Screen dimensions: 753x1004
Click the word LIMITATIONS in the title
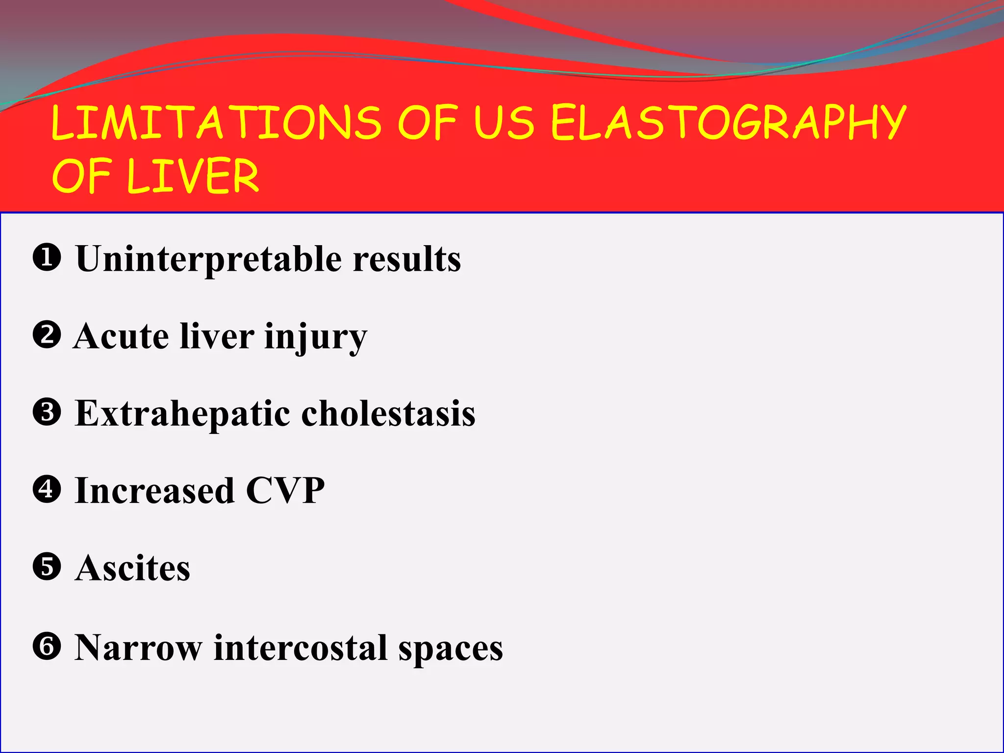pyautogui.click(x=216, y=123)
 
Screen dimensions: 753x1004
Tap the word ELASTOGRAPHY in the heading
pyautogui.click(x=728, y=123)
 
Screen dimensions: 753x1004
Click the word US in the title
pyautogui.click(x=504, y=123)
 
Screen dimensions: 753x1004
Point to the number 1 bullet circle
pyautogui.click(x=47, y=258)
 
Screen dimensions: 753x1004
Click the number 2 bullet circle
pyautogui.click(x=47, y=335)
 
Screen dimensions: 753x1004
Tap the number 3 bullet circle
pyautogui.click(x=47, y=412)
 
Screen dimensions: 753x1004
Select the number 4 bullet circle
pyautogui.click(x=47, y=489)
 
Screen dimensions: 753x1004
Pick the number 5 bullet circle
pyautogui.click(x=47, y=567)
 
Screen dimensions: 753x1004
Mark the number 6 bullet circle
pyautogui.click(x=47, y=646)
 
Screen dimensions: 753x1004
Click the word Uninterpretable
pyautogui.click(x=208, y=259)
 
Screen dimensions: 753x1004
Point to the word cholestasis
pyautogui.click(x=388, y=413)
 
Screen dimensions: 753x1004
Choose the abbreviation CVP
pyautogui.click(x=285, y=490)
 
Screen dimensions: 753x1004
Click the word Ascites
pyautogui.click(x=132, y=568)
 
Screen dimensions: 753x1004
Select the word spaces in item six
pyautogui.click(x=451, y=649)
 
